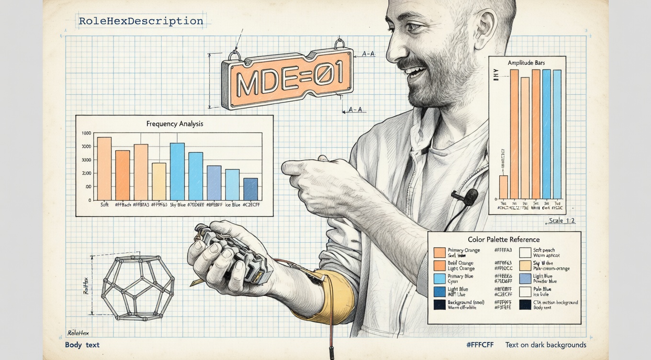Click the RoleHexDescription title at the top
(x=141, y=21)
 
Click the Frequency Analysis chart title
(x=175, y=124)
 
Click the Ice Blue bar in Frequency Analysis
(x=232, y=184)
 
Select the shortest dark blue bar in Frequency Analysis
(x=250, y=189)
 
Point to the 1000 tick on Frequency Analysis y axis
(x=87, y=133)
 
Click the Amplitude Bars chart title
(x=526, y=63)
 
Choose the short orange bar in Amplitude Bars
(x=503, y=187)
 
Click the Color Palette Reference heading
(x=503, y=239)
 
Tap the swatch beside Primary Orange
(x=439, y=252)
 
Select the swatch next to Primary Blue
(x=439, y=279)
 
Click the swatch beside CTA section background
(x=525, y=304)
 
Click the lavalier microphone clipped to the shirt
(x=471, y=195)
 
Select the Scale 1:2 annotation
(x=561, y=221)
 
